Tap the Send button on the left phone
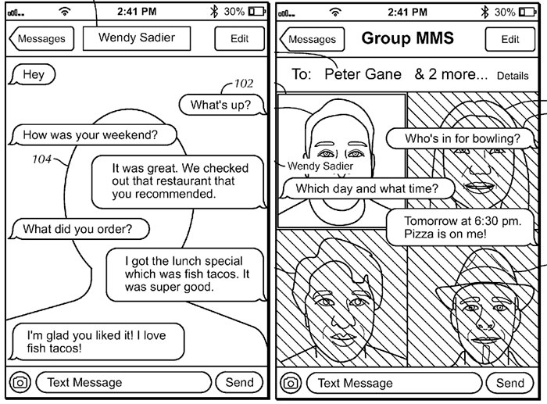pyautogui.click(x=239, y=382)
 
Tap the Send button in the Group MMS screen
pyautogui.click(x=509, y=383)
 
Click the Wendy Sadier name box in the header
pyautogui.click(x=137, y=38)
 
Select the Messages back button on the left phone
pyautogui.click(x=41, y=38)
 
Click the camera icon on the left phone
pyautogui.click(x=20, y=383)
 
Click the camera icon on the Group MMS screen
pyautogui.click(x=291, y=383)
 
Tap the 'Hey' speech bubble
pyautogui.click(x=32, y=74)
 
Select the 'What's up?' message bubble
pyautogui.click(x=222, y=105)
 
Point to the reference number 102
pyautogui.click(x=244, y=84)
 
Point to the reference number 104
pyautogui.click(x=42, y=159)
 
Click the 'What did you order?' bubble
pyautogui.click(x=79, y=229)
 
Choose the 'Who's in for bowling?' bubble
pyautogui.click(x=462, y=138)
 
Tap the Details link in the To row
pyautogui.click(x=513, y=76)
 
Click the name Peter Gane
pyautogui.click(x=363, y=74)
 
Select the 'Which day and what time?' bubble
pyautogui.click(x=368, y=188)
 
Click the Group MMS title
pyautogui.click(x=407, y=38)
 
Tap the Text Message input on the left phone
pyautogui.click(x=123, y=382)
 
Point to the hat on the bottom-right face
pyautogui.click(x=485, y=276)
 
